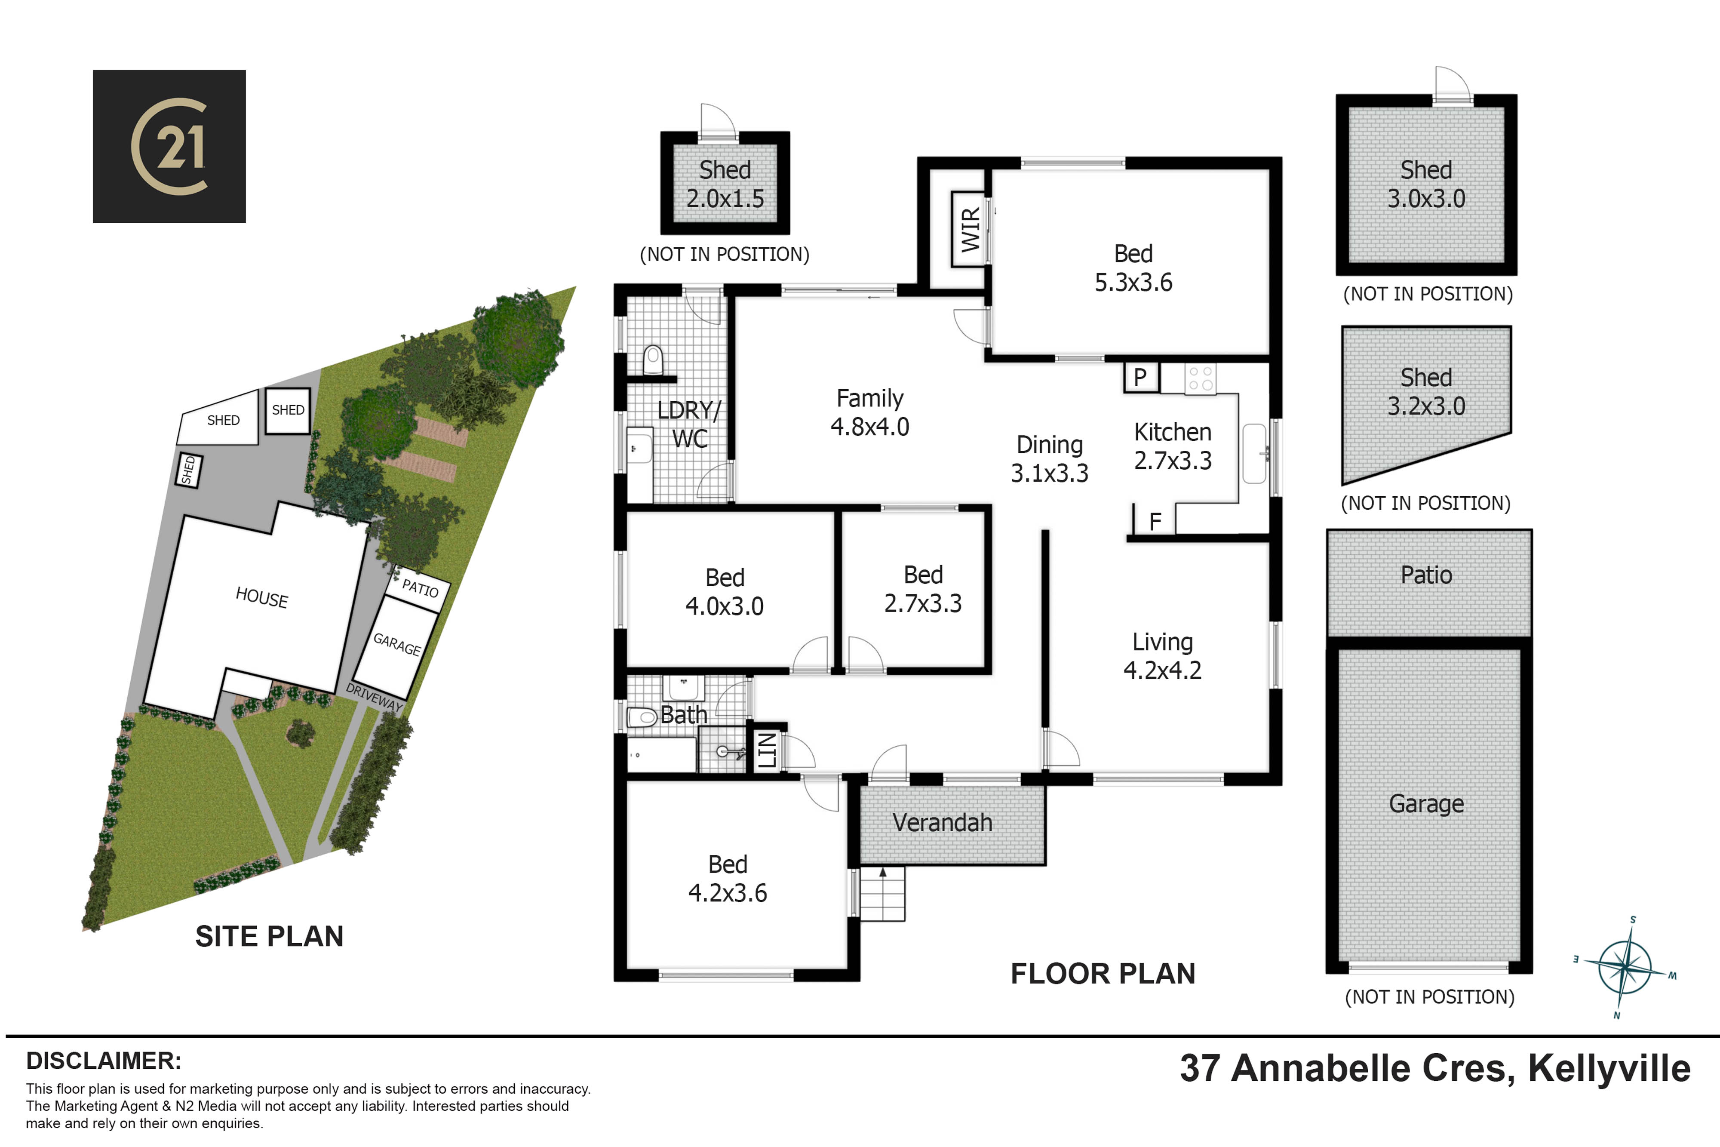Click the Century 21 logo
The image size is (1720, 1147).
click(169, 146)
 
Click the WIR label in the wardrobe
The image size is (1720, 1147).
click(970, 229)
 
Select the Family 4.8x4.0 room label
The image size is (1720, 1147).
click(869, 412)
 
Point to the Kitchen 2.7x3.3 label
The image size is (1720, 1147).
click(1172, 446)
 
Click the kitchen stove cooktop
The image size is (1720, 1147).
click(1200, 379)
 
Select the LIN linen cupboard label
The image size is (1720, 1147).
click(766, 750)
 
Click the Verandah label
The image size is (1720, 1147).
click(942, 823)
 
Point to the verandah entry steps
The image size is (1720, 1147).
click(883, 893)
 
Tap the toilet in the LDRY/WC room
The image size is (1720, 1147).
click(652, 361)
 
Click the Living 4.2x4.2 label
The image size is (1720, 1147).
click(1162, 656)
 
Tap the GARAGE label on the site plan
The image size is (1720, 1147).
click(397, 644)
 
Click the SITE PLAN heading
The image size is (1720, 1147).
click(269, 936)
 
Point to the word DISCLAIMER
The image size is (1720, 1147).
click(104, 1061)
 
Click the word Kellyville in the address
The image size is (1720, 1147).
click(1609, 1069)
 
